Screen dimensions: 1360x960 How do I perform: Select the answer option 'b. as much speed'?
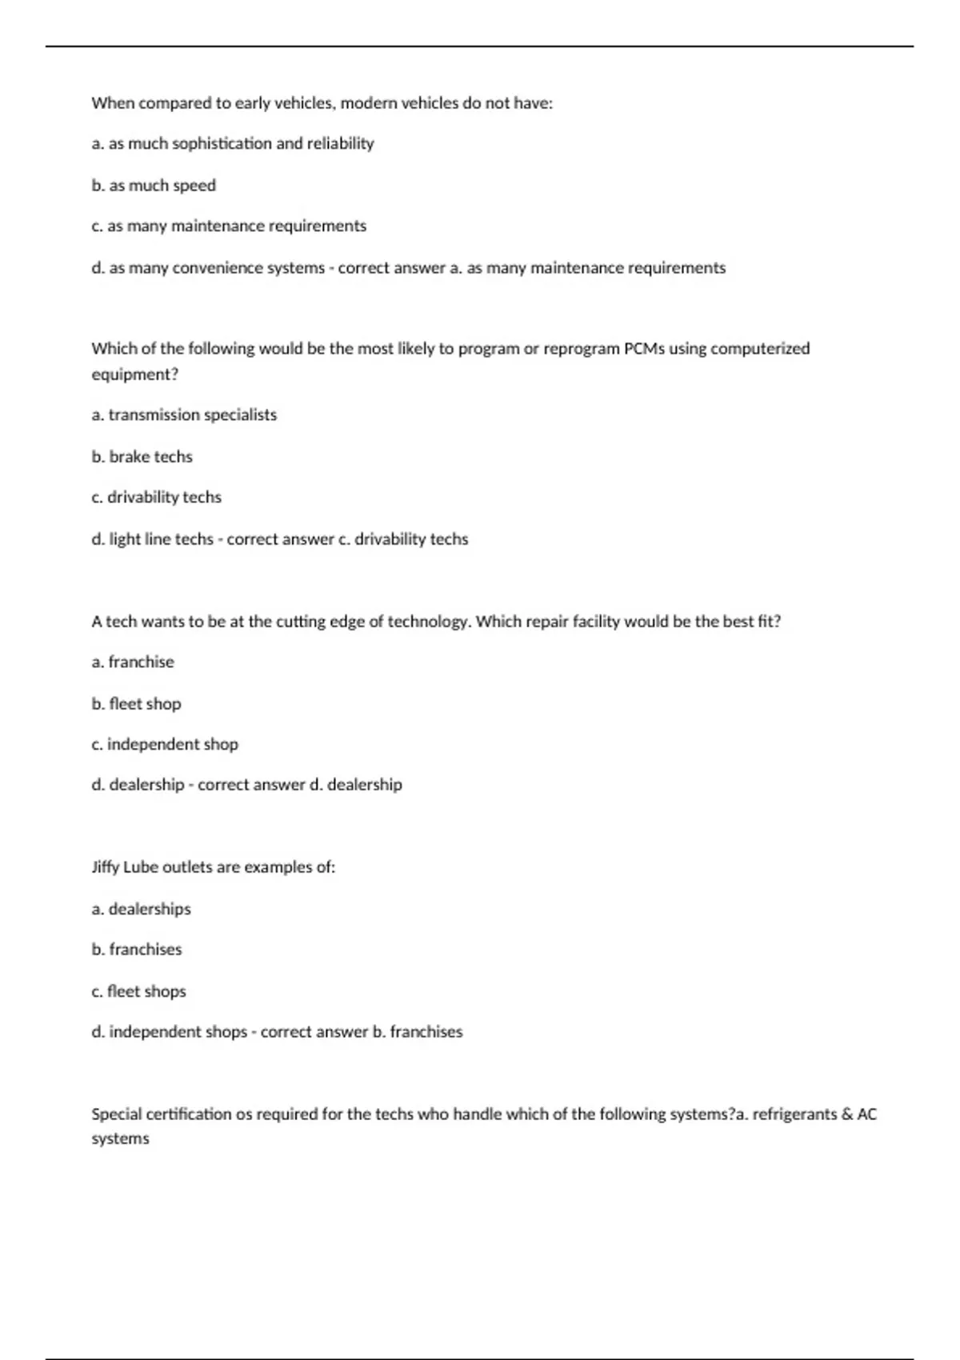click(154, 186)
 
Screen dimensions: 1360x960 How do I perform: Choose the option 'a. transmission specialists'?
click(184, 415)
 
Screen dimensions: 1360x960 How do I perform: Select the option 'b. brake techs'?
click(142, 457)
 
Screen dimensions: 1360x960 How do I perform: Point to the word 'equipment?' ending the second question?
click(134, 374)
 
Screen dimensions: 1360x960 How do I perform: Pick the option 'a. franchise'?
click(133, 662)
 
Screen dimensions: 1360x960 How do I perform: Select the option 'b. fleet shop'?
click(136, 704)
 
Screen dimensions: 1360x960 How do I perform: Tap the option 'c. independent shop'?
click(165, 745)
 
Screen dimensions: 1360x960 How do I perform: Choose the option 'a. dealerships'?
click(141, 910)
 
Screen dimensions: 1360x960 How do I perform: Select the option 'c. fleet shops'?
click(138, 992)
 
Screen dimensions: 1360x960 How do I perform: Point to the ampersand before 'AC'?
click(847, 1114)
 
